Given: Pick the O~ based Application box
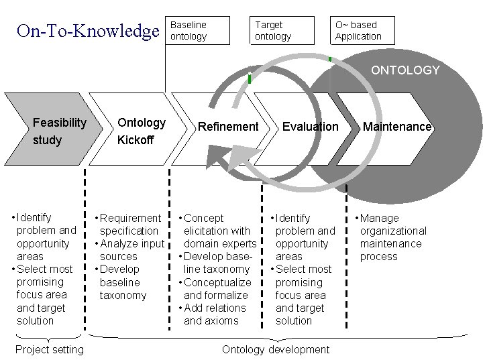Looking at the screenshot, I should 363,30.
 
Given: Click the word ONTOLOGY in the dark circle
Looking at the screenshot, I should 405,70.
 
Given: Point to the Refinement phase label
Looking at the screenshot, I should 227,126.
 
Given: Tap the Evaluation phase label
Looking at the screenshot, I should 310,126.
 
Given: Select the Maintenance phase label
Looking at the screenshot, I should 396,126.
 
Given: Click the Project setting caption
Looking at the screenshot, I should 50,349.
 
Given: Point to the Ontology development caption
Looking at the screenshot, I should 275,349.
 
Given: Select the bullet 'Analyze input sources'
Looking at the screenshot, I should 131,249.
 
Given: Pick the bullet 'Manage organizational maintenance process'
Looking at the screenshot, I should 392,237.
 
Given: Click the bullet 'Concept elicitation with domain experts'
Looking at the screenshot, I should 217,231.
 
